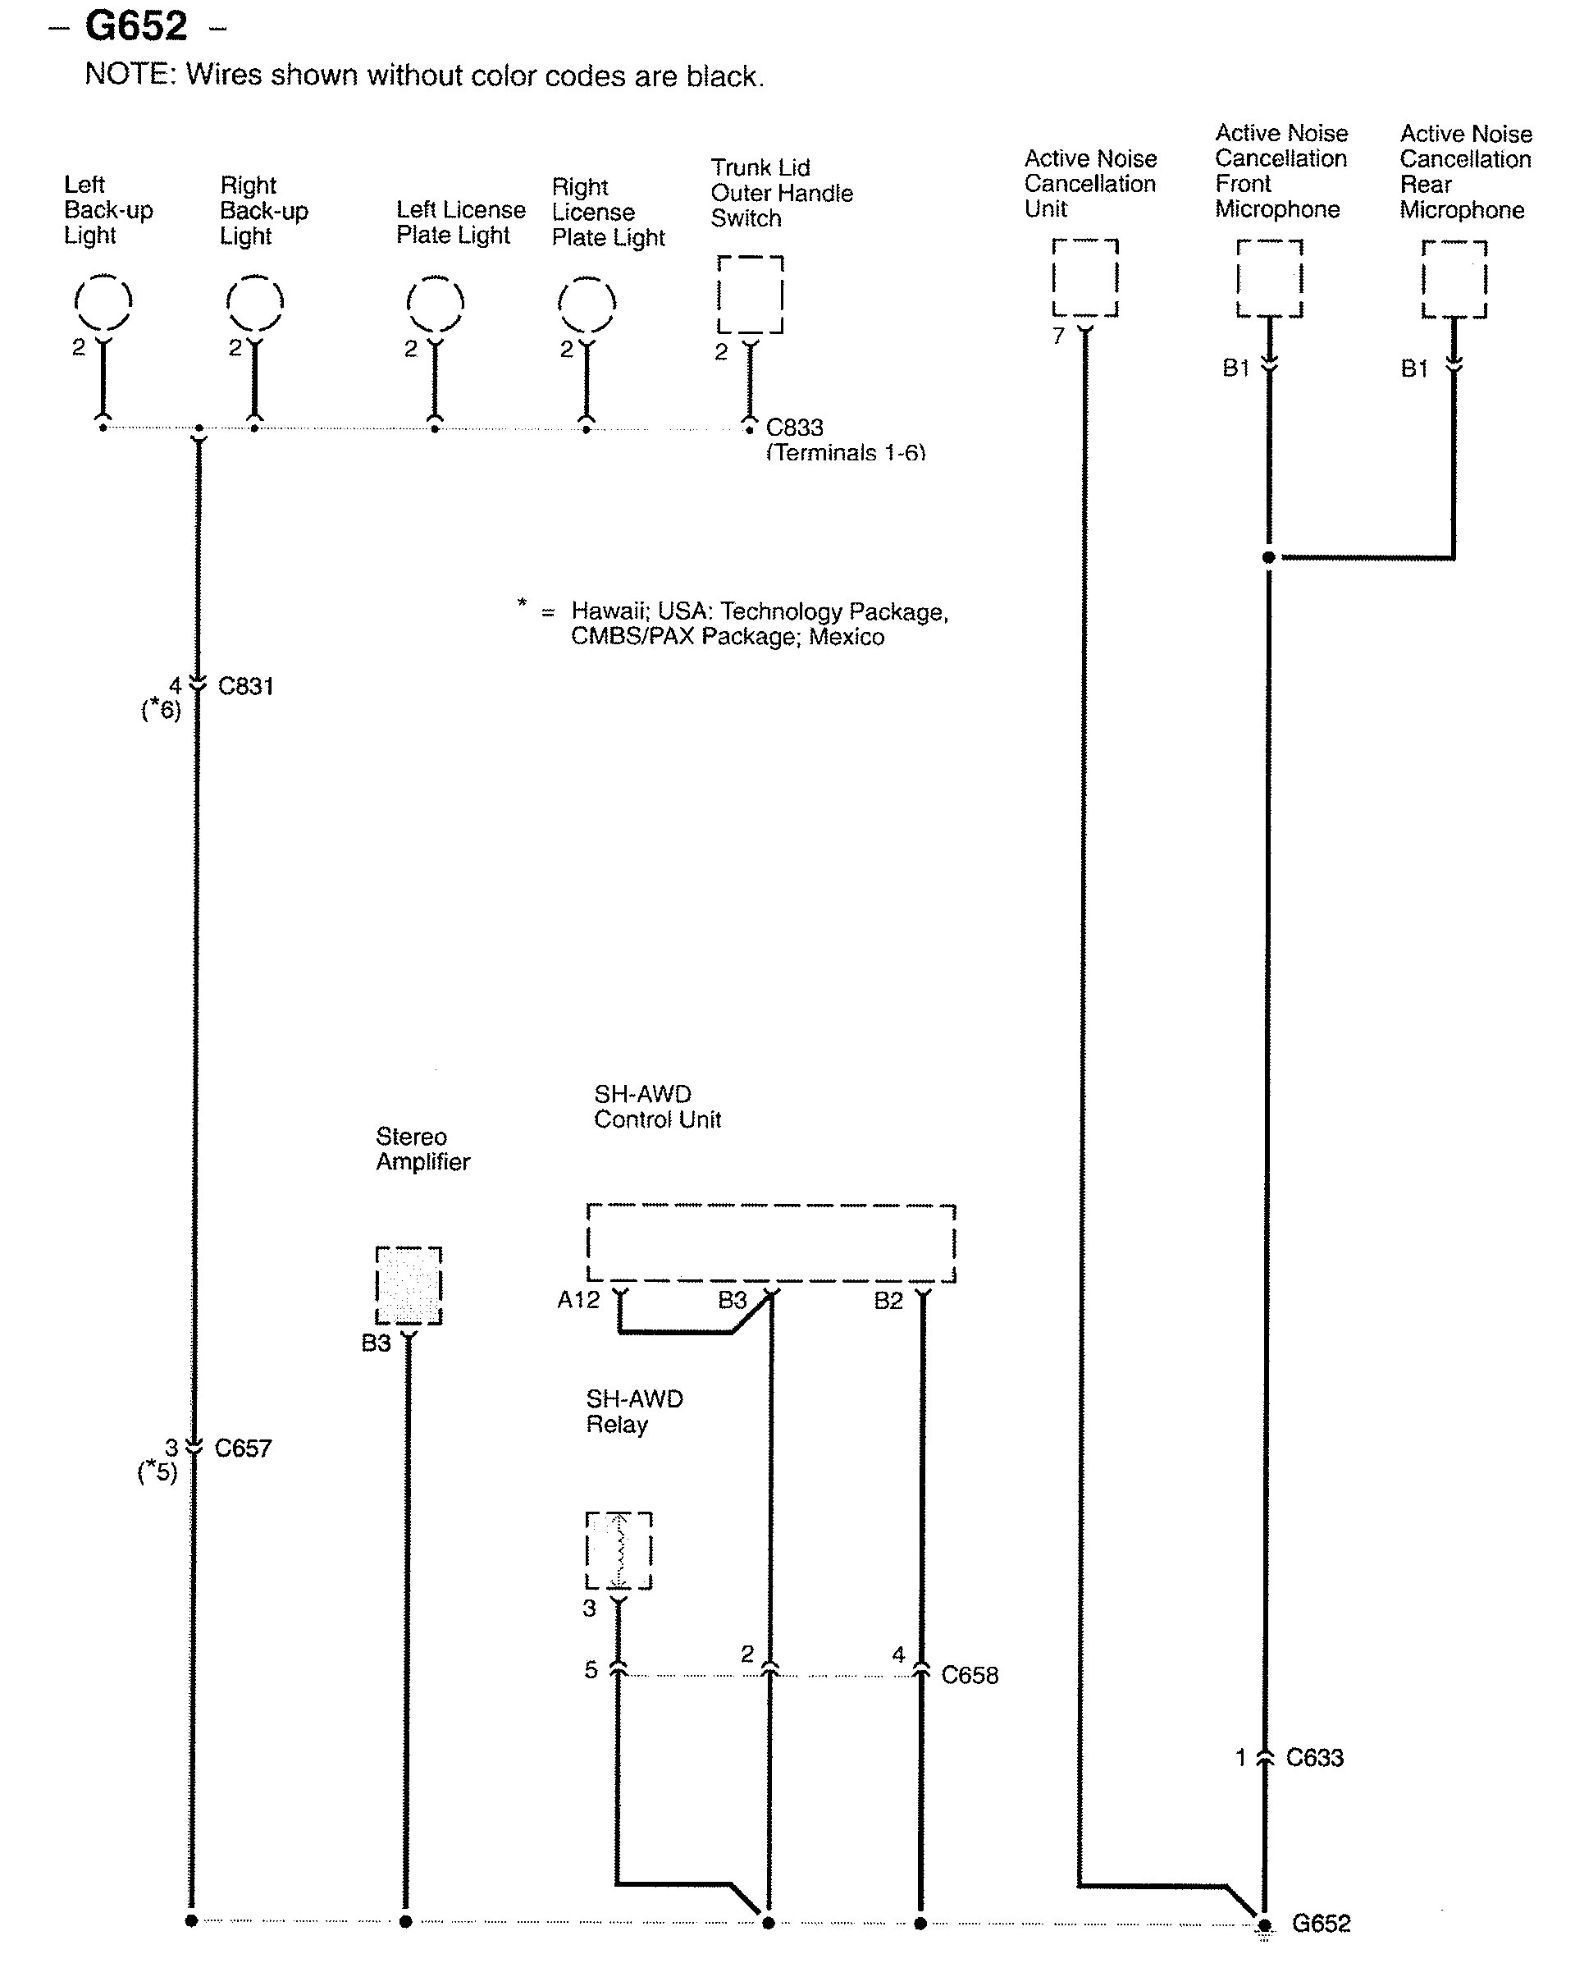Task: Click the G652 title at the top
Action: point(135,26)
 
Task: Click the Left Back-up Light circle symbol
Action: point(103,302)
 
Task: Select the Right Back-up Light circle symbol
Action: point(255,302)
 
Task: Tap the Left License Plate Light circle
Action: point(435,303)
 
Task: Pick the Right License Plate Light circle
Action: point(587,303)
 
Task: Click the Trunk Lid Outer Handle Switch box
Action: point(750,295)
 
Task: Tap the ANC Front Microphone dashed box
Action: point(1270,278)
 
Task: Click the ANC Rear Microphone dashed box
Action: point(1454,279)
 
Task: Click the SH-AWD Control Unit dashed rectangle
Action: point(771,1242)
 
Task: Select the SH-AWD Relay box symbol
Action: point(619,1550)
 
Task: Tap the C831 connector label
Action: point(246,686)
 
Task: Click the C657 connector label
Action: point(243,1448)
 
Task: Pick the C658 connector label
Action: point(970,1675)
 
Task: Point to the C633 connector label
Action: point(1315,1758)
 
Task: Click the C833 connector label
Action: point(795,428)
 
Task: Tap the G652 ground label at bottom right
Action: point(1321,1923)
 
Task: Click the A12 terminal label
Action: point(578,1299)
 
